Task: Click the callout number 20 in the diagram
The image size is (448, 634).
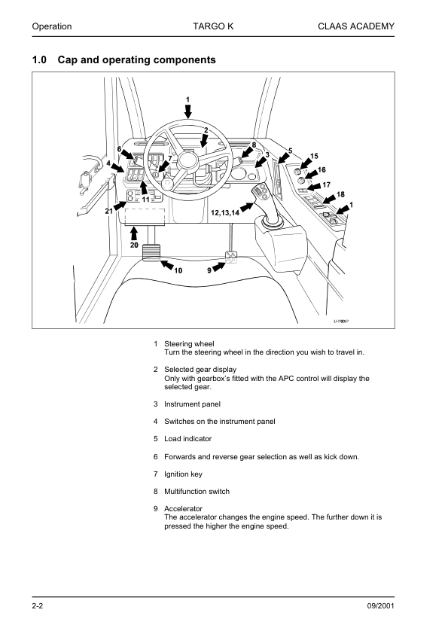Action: [x=134, y=245]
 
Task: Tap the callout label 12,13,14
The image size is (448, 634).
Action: [x=225, y=212]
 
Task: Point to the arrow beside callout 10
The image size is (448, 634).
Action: [x=167, y=265]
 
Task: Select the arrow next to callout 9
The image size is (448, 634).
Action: [x=219, y=267]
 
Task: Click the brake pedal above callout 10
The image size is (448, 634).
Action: [x=151, y=252]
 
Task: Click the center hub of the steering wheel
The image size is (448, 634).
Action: [x=187, y=158]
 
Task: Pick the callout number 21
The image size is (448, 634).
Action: [x=109, y=211]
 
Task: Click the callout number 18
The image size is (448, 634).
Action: [x=340, y=194]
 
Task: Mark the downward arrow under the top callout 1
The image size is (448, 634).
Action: [x=188, y=111]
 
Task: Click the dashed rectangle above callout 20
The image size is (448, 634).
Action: [x=145, y=216]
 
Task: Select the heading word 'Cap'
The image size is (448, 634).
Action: [x=68, y=59]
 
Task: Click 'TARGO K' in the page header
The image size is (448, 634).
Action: [x=213, y=26]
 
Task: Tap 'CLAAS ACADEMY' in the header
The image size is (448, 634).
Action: [x=356, y=26]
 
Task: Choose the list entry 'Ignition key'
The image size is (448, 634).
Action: [x=183, y=474]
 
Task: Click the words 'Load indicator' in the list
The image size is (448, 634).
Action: [x=187, y=439]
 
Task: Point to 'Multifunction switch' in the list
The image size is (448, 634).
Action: [x=197, y=491]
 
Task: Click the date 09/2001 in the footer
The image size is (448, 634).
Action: [x=380, y=605]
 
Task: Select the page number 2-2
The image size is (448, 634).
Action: [x=38, y=605]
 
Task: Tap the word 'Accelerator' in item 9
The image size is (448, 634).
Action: [x=183, y=509]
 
